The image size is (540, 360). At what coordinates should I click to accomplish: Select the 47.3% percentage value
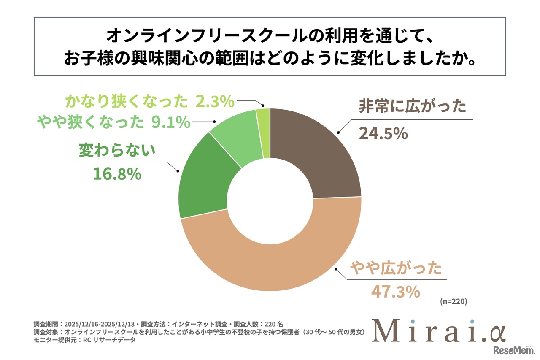coord(395,291)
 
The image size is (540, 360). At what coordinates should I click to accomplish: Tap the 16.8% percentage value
coord(117,174)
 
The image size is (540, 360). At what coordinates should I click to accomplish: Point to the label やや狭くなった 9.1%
coord(113,122)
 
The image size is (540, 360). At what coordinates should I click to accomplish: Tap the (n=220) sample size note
coord(453,302)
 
